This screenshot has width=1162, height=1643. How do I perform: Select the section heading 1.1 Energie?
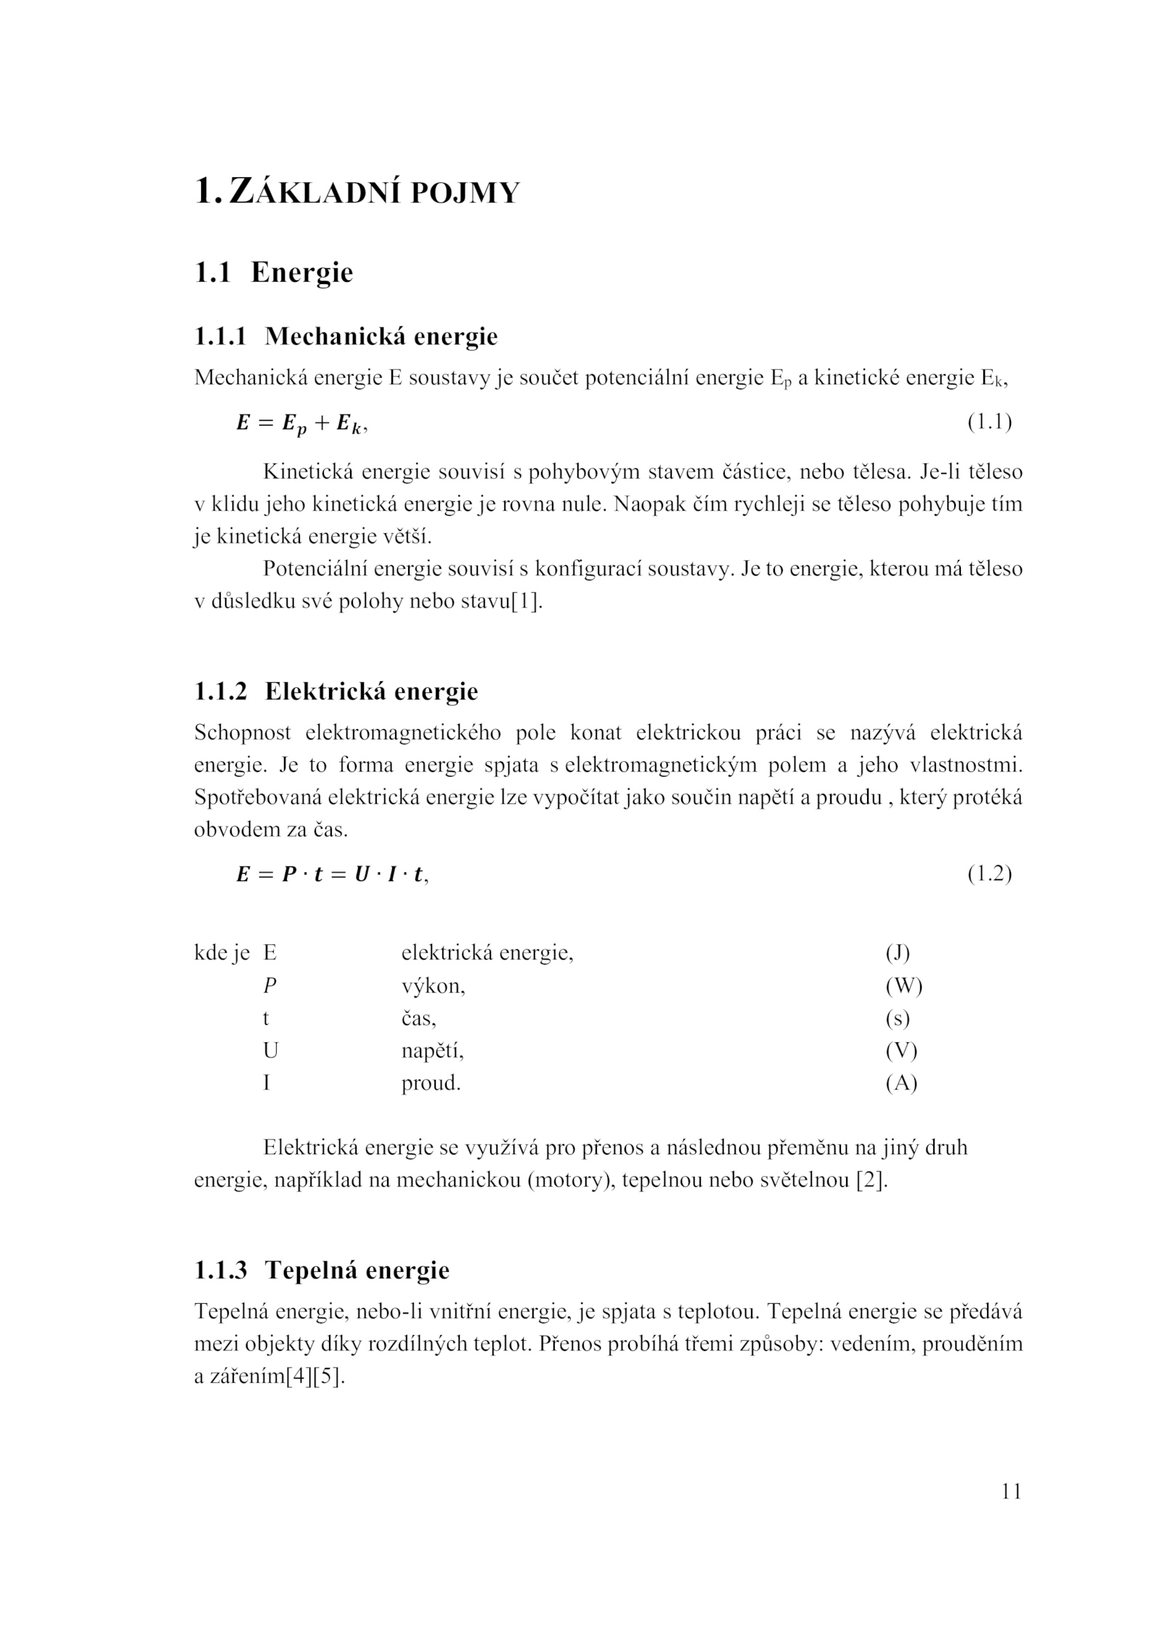tap(274, 273)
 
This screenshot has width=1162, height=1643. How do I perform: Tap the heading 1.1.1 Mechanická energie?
tap(346, 336)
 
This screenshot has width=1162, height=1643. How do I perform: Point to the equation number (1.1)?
tap(989, 422)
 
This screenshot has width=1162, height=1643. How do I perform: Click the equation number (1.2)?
tap(989, 874)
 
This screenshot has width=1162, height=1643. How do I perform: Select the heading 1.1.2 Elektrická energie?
tap(336, 691)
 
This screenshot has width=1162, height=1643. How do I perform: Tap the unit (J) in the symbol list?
tap(898, 953)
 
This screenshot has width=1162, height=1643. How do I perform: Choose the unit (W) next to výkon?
tap(903, 986)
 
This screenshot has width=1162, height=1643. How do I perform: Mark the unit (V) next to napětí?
tap(901, 1051)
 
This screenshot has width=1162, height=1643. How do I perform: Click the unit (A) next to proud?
tap(901, 1084)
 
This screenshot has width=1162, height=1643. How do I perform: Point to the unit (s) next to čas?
tap(898, 1018)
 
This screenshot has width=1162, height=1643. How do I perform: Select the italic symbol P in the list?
tap(270, 986)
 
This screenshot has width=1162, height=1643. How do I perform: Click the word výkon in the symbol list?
tap(433, 986)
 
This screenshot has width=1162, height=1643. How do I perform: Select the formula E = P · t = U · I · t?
tap(331, 875)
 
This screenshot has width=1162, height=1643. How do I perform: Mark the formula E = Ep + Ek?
tap(301, 423)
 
